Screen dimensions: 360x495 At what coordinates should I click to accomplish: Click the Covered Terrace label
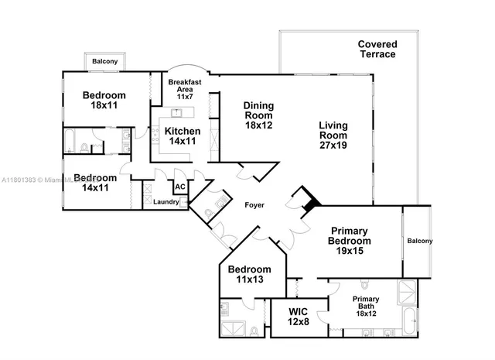(x=377, y=50)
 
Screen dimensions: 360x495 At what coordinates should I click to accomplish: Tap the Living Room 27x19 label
(x=333, y=135)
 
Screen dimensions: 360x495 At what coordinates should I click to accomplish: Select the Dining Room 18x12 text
(x=259, y=115)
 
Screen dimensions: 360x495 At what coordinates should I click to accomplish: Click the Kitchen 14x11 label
(x=183, y=136)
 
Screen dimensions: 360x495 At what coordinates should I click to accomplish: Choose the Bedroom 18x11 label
(x=104, y=100)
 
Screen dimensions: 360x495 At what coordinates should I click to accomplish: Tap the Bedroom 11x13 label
(x=248, y=275)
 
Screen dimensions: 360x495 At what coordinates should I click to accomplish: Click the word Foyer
(x=254, y=206)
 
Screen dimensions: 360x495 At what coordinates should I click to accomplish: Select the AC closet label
(x=179, y=187)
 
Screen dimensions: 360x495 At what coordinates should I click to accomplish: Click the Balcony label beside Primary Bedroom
(x=420, y=241)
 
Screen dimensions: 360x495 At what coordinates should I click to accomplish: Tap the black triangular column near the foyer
(x=310, y=201)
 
